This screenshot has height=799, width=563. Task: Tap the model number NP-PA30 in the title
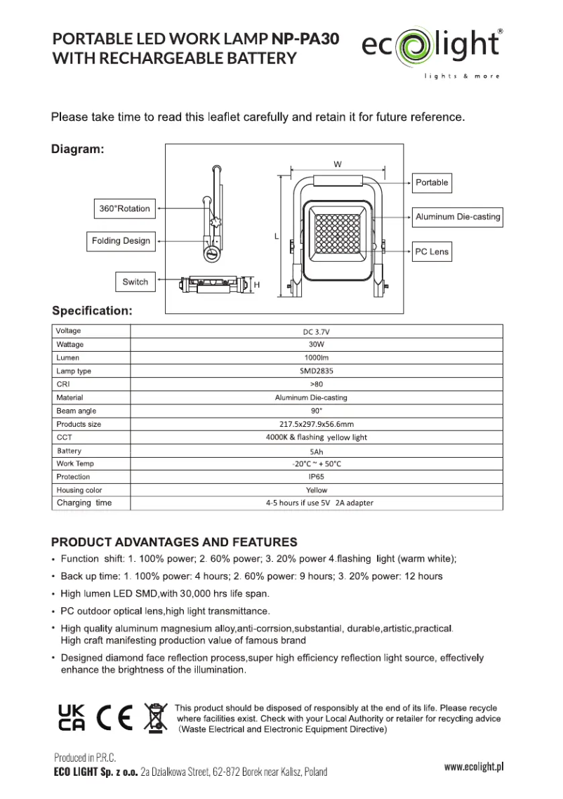(305, 39)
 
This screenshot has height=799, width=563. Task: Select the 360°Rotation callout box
(124, 209)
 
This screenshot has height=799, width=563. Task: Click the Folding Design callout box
(121, 241)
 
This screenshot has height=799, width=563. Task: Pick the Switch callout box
(135, 282)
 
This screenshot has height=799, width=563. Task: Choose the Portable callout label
(431, 183)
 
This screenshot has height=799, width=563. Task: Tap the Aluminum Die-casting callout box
(458, 217)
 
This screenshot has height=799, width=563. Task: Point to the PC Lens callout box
(430, 252)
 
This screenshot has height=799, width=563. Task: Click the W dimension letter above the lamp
(338, 164)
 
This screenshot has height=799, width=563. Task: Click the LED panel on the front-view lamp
(338, 237)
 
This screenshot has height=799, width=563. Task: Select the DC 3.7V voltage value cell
(317, 331)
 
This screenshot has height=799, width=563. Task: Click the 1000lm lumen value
(317, 358)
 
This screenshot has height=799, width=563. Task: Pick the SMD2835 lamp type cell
(317, 371)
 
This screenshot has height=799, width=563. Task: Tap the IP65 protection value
(317, 477)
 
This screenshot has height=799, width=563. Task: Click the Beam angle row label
(77, 411)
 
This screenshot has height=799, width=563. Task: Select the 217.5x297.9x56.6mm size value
(317, 424)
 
